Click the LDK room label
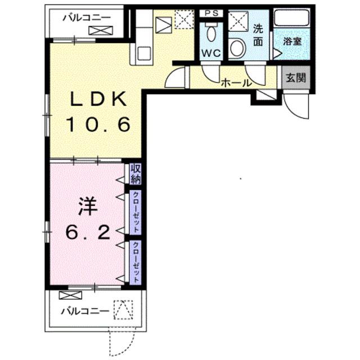[x=99, y=99]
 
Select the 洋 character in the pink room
[x=88, y=206]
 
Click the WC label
[x=211, y=53]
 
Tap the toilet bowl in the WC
[x=211, y=33]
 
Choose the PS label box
[x=211, y=13]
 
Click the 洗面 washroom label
[x=258, y=35]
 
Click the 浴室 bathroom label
[x=292, y=41]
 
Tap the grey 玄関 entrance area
[x=296, y=78]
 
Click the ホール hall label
[x=236, y=83]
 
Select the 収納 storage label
[x=136, y=174]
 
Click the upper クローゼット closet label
[x=136, y=212]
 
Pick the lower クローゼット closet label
[x=136, y=262]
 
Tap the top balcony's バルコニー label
[x=87, y=17]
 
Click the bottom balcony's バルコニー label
[x=84, y=311]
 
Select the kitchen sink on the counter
[x=144, y=53]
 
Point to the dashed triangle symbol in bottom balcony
[x=123, y=310]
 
